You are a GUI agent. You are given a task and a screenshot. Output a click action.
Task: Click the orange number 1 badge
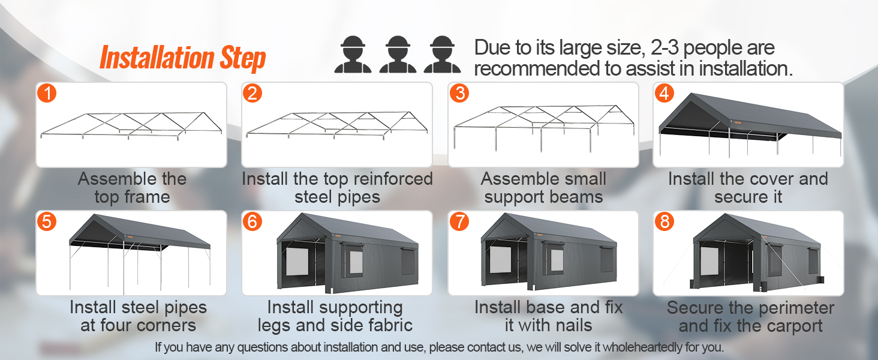47,94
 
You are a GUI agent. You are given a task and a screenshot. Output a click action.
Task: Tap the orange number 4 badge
663,94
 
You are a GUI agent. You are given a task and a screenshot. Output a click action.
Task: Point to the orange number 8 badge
663,221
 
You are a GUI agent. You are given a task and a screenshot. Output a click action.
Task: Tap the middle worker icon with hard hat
398,55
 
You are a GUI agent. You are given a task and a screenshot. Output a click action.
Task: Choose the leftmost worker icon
353,55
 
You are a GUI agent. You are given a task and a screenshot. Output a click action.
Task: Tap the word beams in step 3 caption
578,197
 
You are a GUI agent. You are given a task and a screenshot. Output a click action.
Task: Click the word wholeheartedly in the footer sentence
648,347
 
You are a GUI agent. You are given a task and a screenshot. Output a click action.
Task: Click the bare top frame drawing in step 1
131,125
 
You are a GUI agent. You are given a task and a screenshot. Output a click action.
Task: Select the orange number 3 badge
459,94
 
